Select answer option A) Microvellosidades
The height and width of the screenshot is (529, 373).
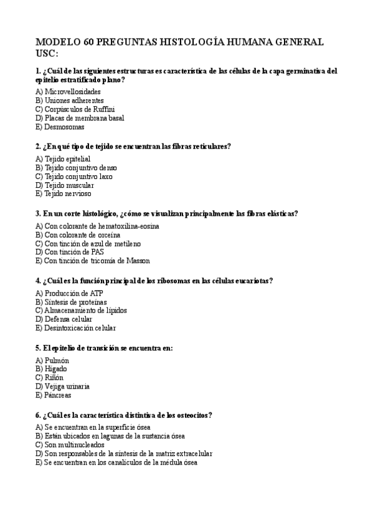68,91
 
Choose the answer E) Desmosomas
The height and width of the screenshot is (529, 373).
60,127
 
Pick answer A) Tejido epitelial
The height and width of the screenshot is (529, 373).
63,158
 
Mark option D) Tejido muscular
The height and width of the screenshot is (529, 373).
65,185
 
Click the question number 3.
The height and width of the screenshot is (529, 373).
39,213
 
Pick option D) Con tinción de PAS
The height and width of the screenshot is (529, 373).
70,252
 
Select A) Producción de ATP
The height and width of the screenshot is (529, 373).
67,293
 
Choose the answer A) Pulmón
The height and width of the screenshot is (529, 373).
52,360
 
